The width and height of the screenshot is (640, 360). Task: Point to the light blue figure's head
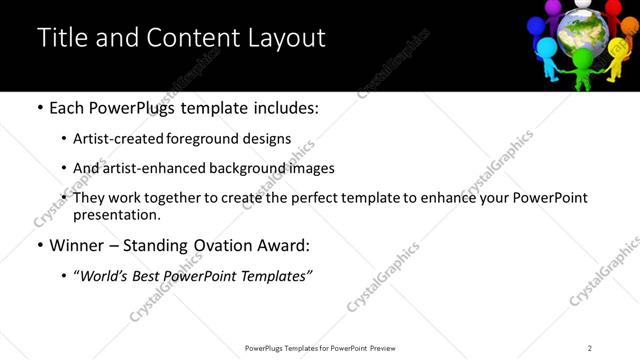tap(546, 45)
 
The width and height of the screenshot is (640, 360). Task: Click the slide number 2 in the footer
tap(590, 348)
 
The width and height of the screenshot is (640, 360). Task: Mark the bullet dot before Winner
tap(39, 245)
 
